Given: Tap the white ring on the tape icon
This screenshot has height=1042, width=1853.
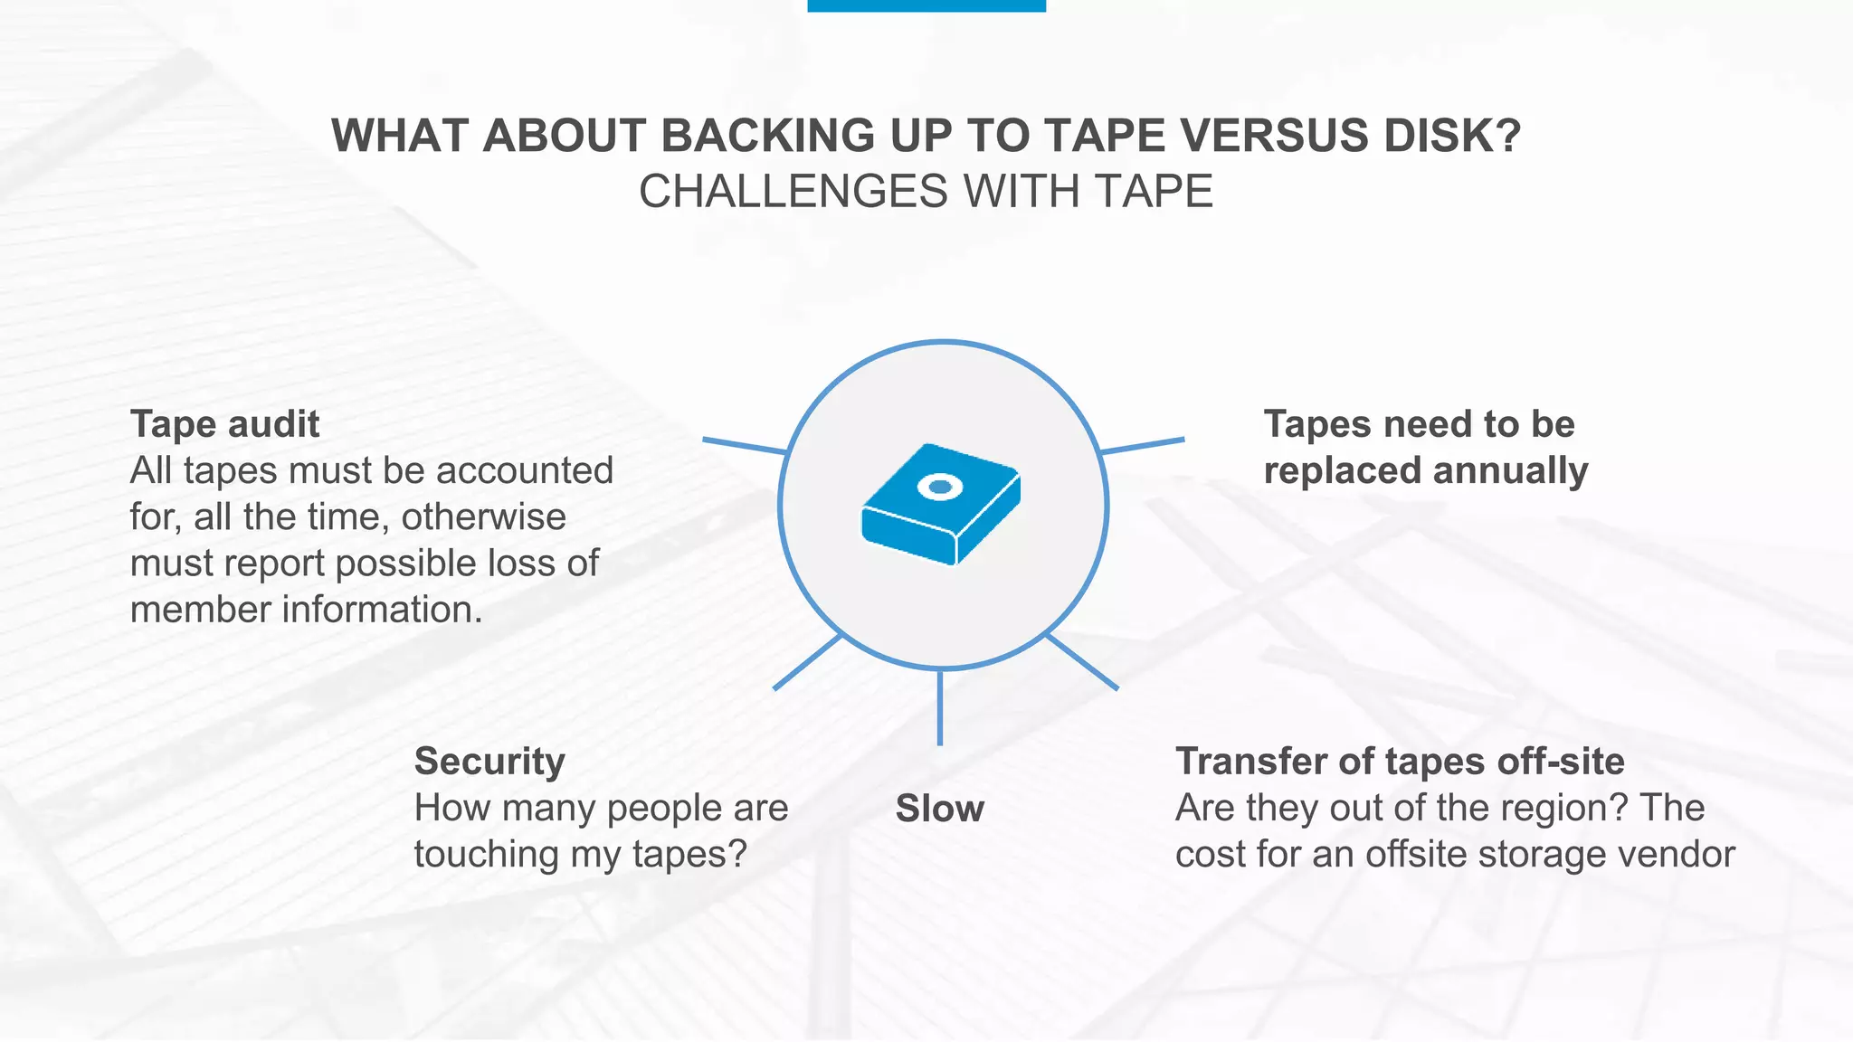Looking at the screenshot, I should pyautogui.click(x=940, y=487).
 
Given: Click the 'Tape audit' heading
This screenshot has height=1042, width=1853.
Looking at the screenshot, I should pyautogui.click(x=224, y=424).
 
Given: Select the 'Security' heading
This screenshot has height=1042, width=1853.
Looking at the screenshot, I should pyautogui.click(x=489, y=762).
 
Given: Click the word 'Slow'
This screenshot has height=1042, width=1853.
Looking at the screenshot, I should pyautogui.click(x=939, y=809).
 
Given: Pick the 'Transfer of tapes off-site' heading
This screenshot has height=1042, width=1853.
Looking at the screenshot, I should pyautogui.click(x=1400, y=762).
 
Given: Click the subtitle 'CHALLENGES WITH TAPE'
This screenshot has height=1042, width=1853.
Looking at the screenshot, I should pyautogui.click(x=926, y=192).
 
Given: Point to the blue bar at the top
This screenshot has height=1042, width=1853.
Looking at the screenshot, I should pyautogui.click(x=926, y=5).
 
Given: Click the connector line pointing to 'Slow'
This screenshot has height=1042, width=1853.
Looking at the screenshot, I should pyautogui.click(x=940, y=707).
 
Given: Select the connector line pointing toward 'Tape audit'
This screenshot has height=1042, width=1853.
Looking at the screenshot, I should pyautogui.click(x=745, y=445).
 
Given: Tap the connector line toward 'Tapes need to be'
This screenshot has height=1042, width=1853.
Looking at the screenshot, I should pyautogui.click(x=1143, y=445).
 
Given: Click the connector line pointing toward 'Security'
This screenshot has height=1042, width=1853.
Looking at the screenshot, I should pyautogui.click(x=807, y=662).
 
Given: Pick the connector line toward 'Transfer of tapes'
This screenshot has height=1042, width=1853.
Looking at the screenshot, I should pyautogui.click(x=1082, y=662).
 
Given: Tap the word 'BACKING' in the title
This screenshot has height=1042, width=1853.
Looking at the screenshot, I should pyautogui.click(x=768, y=136).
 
